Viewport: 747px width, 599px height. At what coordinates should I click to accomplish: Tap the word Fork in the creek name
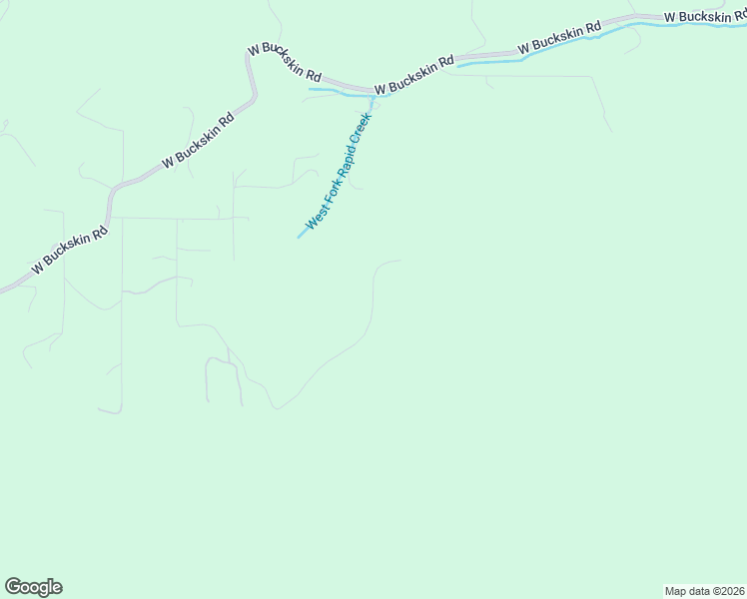[328, 193]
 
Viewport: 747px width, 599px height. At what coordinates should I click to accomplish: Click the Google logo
[33, 587]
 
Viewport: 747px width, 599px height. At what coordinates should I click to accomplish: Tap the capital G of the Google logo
[13, 587]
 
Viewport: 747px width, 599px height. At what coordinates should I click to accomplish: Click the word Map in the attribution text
[675, 591]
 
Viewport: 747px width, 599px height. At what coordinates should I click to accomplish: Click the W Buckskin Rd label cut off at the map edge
[704, 17]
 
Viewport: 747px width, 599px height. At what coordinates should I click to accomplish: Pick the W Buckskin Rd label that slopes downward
[285, 63]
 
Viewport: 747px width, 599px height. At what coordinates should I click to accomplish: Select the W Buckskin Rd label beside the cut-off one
[559, 38]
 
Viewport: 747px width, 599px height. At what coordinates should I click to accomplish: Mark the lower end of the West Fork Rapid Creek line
[300, 237]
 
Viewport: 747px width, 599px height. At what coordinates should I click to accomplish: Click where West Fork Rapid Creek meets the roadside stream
[372, 97]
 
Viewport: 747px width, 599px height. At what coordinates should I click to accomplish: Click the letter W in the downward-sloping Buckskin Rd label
[254, 47]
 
